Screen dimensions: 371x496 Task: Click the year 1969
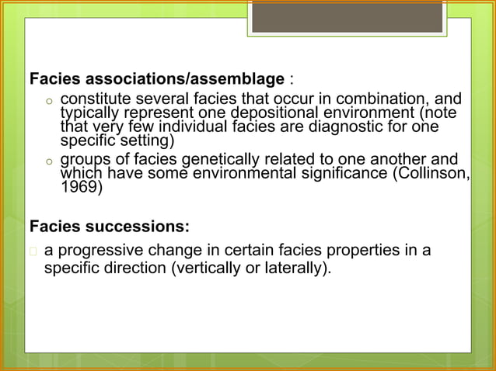80,186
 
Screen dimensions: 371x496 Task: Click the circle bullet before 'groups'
47,160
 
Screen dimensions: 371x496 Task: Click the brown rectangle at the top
347,16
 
